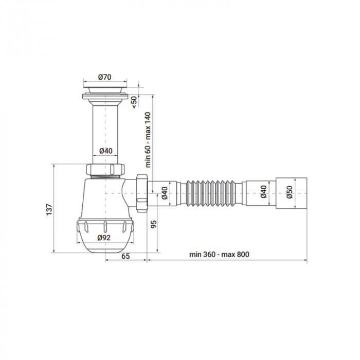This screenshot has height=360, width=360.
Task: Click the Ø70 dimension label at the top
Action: pos(105,77)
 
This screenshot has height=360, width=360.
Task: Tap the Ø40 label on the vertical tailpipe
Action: pos(105,151)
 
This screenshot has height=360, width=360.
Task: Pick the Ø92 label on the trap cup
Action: pos(105,238)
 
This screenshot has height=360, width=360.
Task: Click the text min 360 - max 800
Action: pos(219,255)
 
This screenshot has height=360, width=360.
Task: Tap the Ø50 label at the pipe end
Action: pos(289,192)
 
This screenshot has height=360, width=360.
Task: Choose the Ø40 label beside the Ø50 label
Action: pos(263,192)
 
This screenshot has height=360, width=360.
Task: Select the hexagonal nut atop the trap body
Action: pos(105,170)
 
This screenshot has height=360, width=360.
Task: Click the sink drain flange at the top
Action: pos(105,93)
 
